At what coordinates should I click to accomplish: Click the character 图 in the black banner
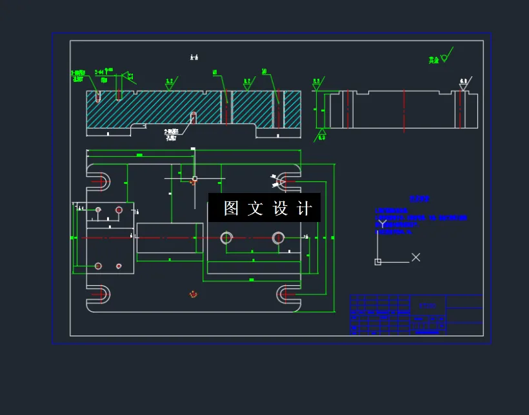pyautogui.click(x=231, y=208)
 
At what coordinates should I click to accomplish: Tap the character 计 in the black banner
pyautogui.click(x=305, y=208)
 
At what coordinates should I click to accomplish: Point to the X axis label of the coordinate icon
pyautogui.click(x=416, y=258)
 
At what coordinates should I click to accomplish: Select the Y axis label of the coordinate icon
pyautogui.click(x=383, y=225)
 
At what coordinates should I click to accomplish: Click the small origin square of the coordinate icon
pyautogui.click(x=378, y=261)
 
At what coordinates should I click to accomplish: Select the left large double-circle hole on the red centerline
pyautogui.click(x=226, y=238)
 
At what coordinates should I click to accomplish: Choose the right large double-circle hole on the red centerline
pyautogui.click(x=279, y=238)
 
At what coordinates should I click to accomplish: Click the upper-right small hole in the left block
pyautogui.click(x=119, y=210)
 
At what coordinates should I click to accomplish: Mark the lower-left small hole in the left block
pyautogui.click(x=98, y=266)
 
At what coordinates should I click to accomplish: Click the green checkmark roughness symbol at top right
pyautogui.click(x=444, y=56)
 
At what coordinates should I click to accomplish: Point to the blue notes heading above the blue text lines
pyautogui.click(x=420, y=199)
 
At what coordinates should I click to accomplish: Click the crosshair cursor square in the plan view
pyautogui.click(x=194, y=178)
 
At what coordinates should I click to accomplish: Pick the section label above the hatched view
pyautogui.click(x=194, y=57)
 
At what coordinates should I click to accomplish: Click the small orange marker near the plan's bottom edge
pyautogui.click(x=193, y=294)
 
